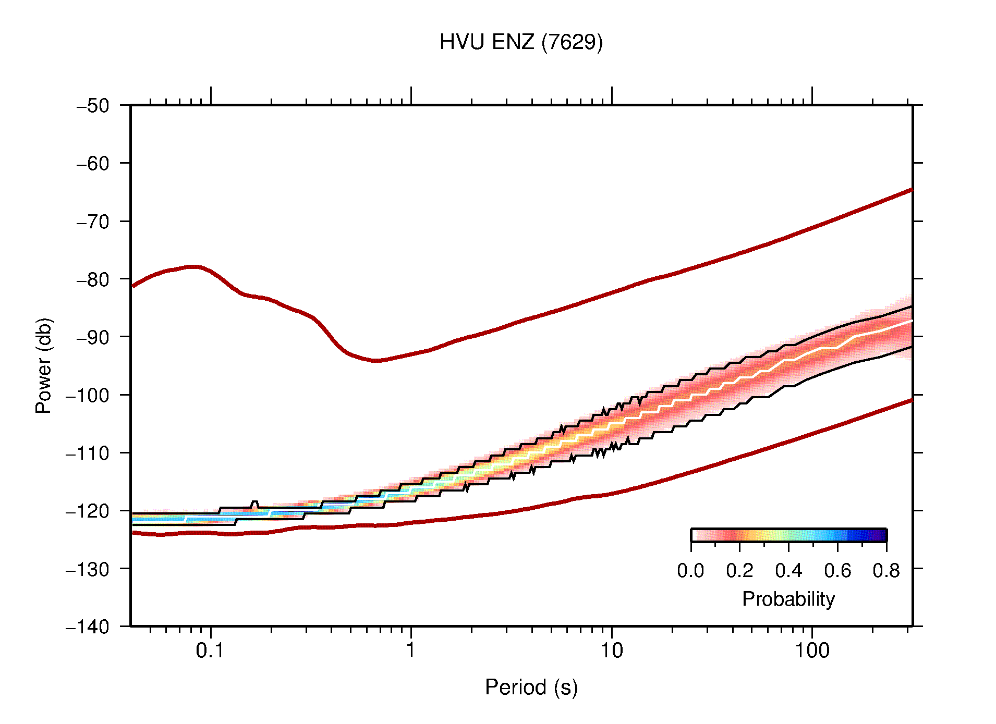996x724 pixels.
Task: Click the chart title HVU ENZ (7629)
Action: tap(521, 42)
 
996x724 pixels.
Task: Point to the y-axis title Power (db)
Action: tap(44, 365)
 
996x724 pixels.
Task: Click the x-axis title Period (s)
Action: tap(531, 688)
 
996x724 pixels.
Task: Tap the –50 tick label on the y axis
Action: tap(93, 106)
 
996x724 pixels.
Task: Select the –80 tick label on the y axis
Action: tap(93, 279)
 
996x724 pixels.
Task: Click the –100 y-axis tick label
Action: tap(88, 395)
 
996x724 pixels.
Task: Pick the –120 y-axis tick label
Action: tap(88, 511)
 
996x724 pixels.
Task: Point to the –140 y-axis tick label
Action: tap(88, 627)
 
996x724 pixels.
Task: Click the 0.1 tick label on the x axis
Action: tap(210, 651)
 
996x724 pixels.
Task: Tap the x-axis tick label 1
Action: tap(411, 651)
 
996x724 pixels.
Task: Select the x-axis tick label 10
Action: tap(611, 651)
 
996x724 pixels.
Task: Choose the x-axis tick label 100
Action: tap(811, 651)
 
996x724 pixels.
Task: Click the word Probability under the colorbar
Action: tap(788, 599)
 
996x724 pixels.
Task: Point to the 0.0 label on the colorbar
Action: tap(690, 571)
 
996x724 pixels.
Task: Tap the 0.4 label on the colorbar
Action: tap(788, 571)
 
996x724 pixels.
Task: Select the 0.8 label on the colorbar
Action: tap(886, 571)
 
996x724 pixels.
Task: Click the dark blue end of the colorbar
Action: tap(881, 535)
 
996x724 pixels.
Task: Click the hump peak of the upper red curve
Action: tap(194, 266)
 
